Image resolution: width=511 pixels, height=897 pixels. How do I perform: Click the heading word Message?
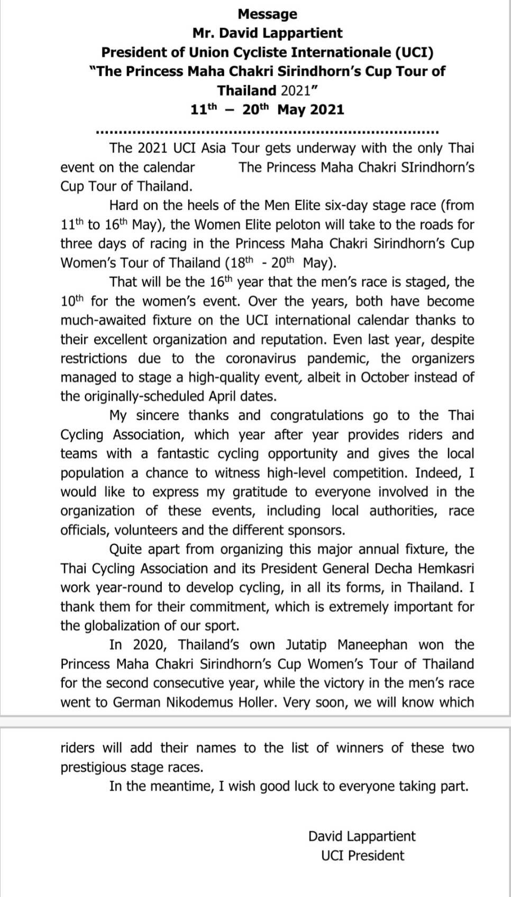[267, 14]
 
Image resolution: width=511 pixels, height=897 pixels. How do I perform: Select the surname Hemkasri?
[446, 568]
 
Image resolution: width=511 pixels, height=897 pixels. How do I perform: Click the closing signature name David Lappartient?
[362, 836]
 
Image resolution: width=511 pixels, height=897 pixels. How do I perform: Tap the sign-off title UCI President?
[362, 856]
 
